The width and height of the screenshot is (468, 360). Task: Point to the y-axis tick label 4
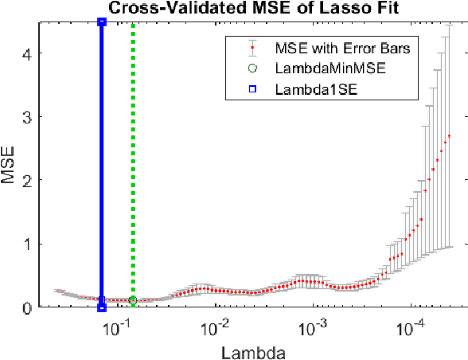click(26, 53)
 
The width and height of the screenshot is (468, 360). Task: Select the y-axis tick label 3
click(26, 117)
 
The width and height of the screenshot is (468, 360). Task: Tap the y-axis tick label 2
click(26, 181)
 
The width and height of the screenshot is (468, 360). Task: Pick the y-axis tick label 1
click(26, 245)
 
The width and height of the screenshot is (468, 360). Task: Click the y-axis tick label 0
click(26, 307)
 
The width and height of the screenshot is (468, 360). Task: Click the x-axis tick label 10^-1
click(117, 326)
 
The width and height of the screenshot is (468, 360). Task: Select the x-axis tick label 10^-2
click(216, 326)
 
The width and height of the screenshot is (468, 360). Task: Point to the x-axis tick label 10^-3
click(314, 326)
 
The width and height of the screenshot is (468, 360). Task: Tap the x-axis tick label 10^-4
click(413, 326)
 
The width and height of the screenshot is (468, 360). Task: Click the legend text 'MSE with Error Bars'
click(341, 49)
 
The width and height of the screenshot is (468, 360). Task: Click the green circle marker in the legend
click(252, 69)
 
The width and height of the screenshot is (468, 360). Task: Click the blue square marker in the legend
click(252, 89)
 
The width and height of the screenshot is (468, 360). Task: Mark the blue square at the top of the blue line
click(101, 22)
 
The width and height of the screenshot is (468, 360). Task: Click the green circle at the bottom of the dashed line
click(133, 300)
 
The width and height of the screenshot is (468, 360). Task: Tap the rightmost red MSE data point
click(450, 136)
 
